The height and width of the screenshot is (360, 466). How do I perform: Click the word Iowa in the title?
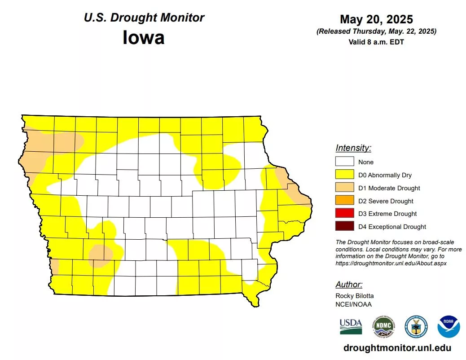pos(143,37)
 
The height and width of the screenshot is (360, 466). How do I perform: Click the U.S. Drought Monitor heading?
pos(144,18)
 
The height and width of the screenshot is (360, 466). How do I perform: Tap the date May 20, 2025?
pos(376,19)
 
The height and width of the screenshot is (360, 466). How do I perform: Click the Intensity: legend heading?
pos(353,148)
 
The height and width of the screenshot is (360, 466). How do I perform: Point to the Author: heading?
pos(349,285)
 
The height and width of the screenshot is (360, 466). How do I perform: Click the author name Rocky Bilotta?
pos(354,296)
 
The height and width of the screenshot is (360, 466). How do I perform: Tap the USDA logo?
pos(351,326)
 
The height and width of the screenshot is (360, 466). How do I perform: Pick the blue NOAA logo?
pos(448,326)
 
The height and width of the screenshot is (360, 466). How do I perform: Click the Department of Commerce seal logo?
pos(416,326)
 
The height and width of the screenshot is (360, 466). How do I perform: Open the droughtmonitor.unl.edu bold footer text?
pos(397,348)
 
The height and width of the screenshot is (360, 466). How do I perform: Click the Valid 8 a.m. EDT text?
pos(376,42)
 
